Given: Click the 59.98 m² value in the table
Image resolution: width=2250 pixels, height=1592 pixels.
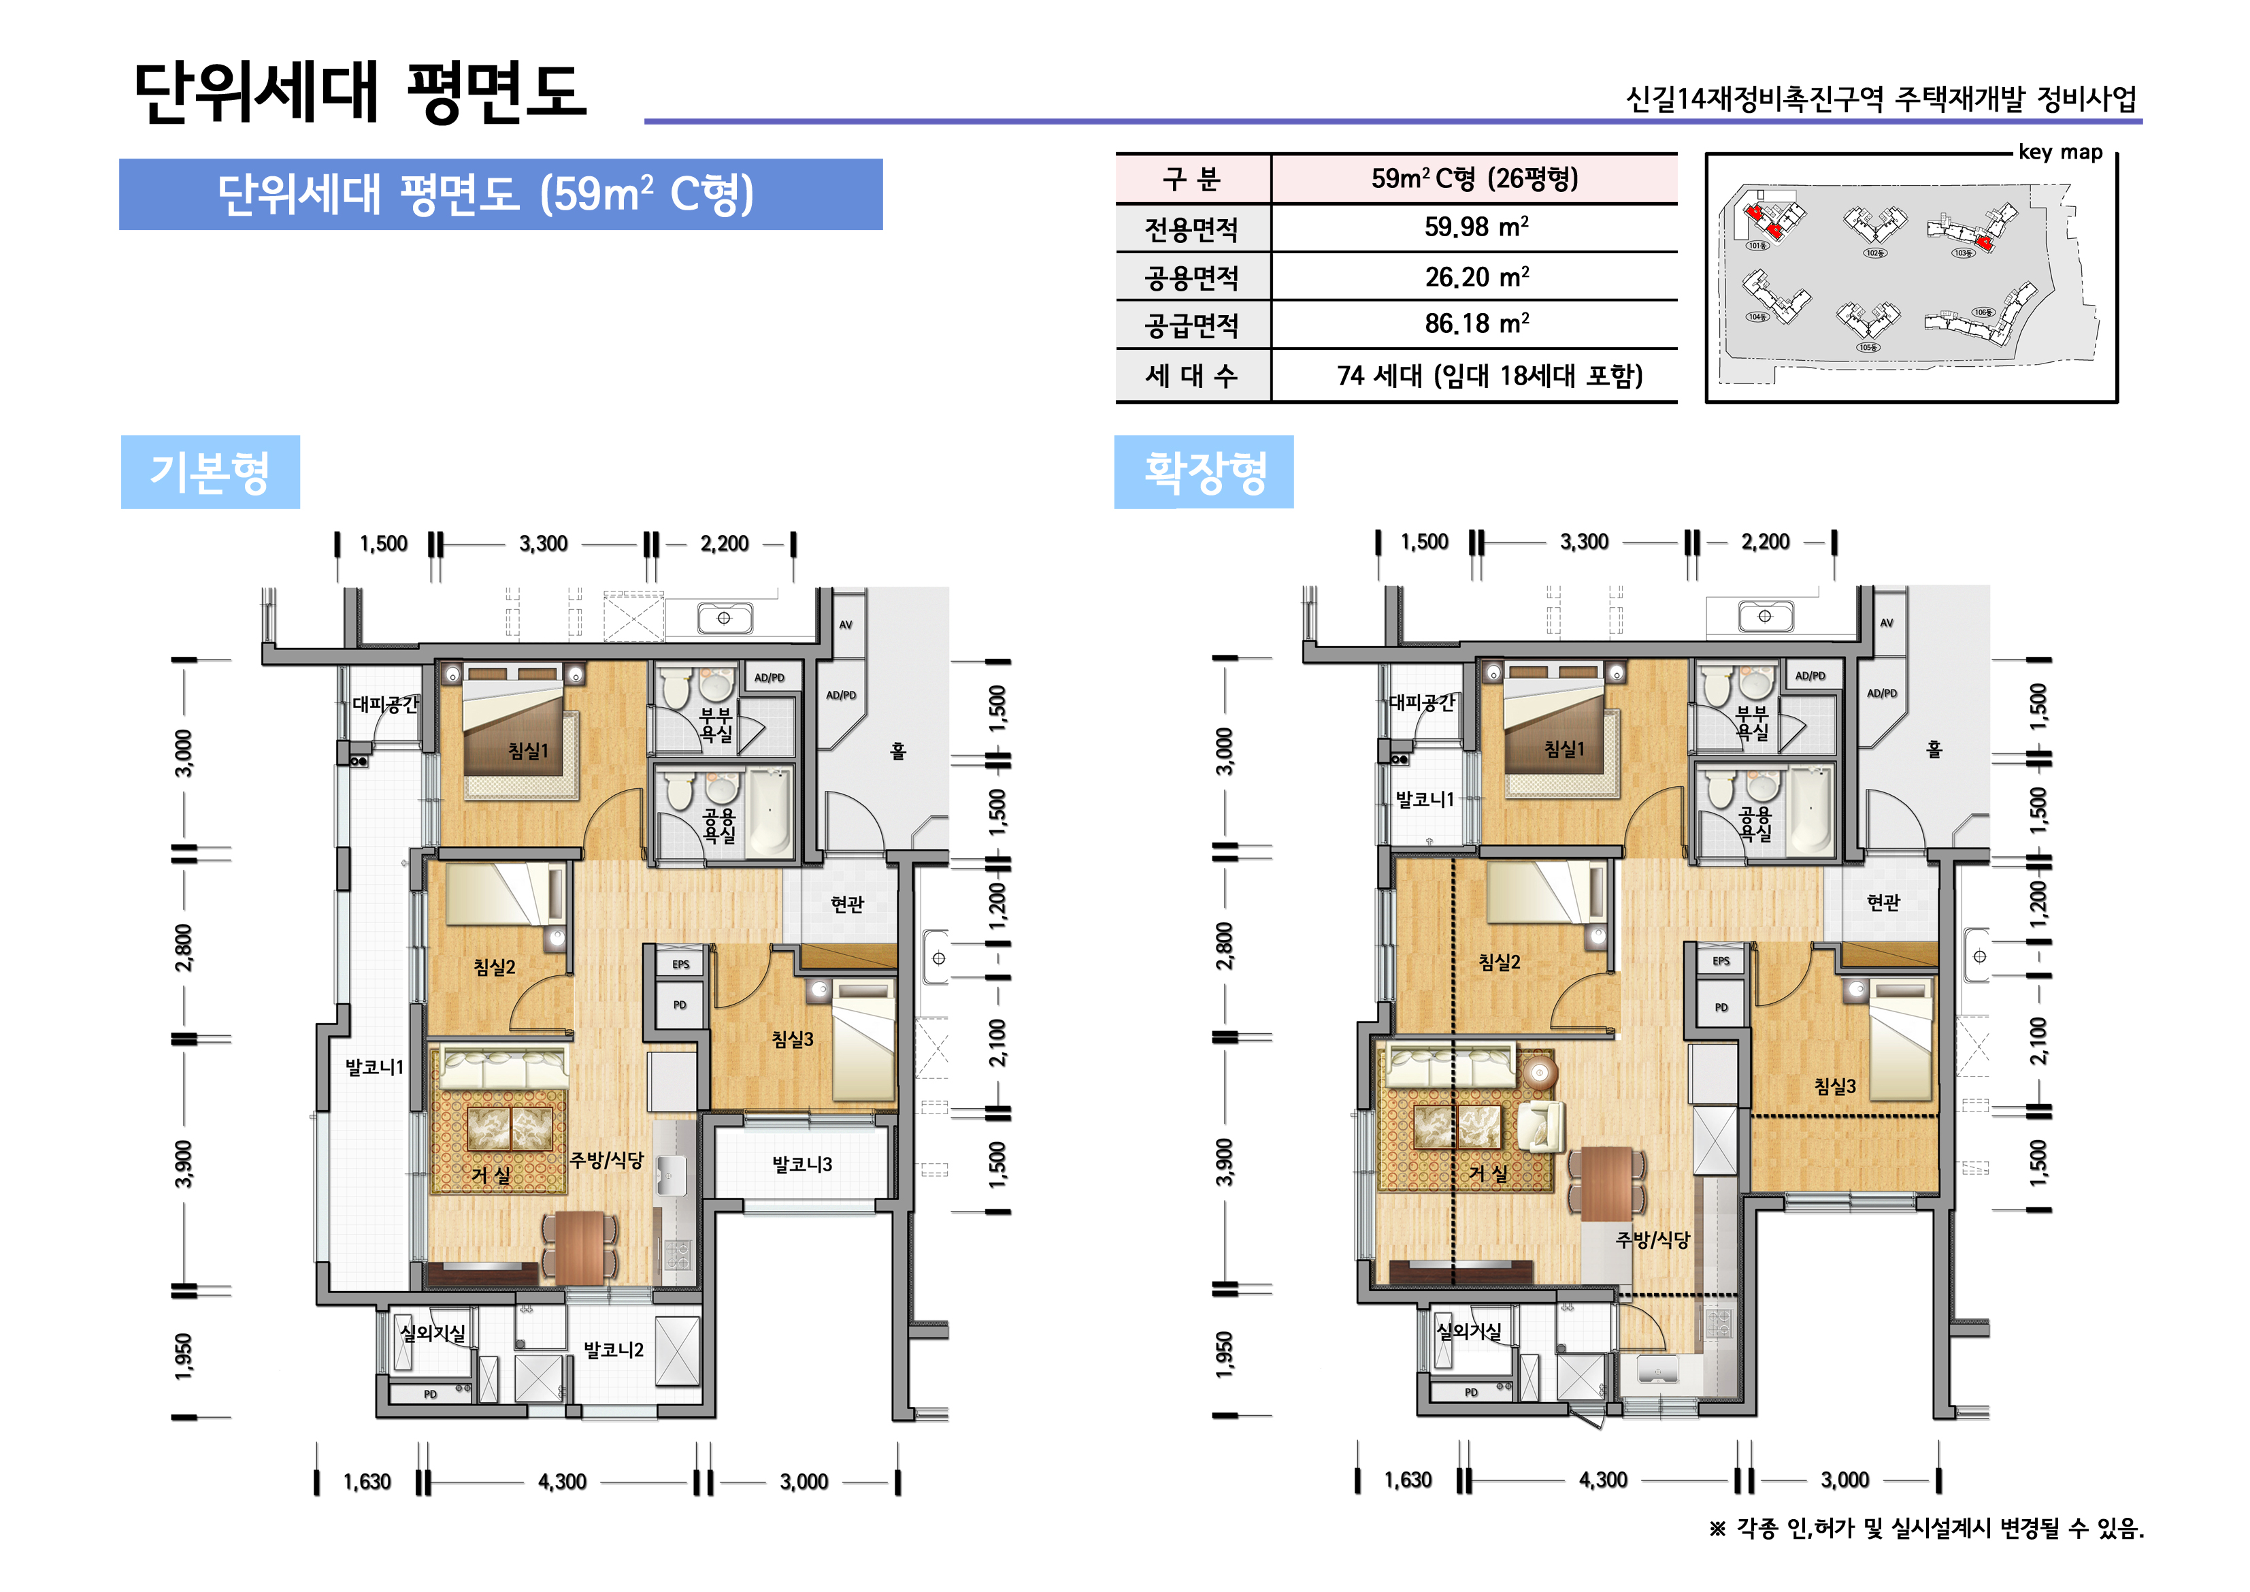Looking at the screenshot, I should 1475,227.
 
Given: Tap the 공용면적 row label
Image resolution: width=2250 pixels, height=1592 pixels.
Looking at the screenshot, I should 1191,278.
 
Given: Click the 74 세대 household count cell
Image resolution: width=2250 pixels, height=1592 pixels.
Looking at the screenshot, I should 1489,376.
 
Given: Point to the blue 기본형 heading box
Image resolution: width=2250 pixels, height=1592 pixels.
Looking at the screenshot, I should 210,472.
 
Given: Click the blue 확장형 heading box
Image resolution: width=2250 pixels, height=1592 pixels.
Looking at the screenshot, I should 1204,472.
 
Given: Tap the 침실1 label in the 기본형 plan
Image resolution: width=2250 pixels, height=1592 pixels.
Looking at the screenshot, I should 528,751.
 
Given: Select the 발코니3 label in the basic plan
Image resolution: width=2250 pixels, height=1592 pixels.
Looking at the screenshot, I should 801,1165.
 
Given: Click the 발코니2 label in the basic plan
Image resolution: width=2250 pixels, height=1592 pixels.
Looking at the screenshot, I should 614,1350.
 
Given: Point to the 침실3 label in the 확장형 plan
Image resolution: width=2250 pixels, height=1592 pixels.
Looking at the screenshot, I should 1834,1086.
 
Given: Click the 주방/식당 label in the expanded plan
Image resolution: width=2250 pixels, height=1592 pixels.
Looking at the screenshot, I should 1652,1240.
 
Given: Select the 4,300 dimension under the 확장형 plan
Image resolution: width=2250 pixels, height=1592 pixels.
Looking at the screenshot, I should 1602,1480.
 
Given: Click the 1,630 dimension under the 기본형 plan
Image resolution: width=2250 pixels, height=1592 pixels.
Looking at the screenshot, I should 367,1482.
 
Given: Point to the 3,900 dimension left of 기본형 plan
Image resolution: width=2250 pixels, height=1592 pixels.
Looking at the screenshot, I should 183,1164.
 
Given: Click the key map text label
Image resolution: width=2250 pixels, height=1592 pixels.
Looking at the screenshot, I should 2060,152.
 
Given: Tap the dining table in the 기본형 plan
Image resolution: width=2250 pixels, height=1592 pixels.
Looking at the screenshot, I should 580,1247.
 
